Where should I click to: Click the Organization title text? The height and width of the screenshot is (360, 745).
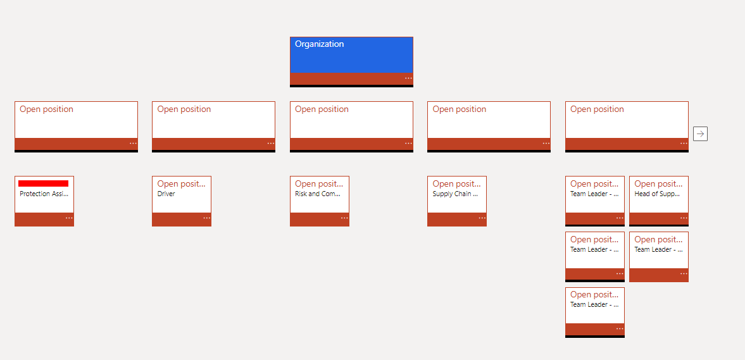click(x=320, y=44)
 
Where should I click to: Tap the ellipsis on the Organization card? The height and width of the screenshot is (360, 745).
click(x=408, y=78)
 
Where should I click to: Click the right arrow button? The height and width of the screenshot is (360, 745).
click(x=700, y=133)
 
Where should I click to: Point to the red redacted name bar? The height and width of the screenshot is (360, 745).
click(x=44, y=183)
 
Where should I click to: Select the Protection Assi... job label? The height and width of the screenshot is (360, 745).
click(x=44, y=194)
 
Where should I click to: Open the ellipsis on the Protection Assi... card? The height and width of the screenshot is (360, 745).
click(x=69, y=218)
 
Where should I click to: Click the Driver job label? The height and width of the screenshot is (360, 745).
click(x=166, y=194)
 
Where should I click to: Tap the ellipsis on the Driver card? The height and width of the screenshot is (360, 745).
click(x=206, y=218)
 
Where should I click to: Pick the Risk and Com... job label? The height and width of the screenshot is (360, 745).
click(x=318, y=194)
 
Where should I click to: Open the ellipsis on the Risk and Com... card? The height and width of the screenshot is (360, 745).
click(x=344, y=218)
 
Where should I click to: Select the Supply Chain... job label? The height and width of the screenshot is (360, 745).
click(x=455, y=194)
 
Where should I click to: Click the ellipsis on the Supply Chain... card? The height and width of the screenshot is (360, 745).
click(x=482, y=218)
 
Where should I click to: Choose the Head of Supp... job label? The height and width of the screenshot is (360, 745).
click(x=657, y=194)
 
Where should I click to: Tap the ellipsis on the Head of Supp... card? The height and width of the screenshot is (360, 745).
click(x=684, y=218)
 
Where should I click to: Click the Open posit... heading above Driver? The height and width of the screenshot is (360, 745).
click(x=181, y=184)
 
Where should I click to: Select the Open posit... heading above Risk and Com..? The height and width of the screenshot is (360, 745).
click(x=319, y=184)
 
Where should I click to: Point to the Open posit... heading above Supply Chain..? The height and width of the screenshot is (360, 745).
click(x=456, y=184)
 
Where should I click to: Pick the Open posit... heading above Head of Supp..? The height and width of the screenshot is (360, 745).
click(x=658, y=184)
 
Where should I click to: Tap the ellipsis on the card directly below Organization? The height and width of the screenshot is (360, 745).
click(x=408, y=144)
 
